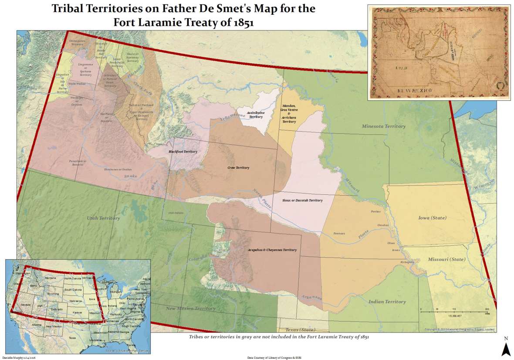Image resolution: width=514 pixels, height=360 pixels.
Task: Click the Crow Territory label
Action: tap(238, 167)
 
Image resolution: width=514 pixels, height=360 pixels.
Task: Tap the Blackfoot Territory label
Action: tap(183, 152)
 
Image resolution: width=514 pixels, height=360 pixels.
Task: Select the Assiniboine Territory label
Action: tap(254, 115)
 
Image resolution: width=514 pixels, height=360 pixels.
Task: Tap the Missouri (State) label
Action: tap(446, 259)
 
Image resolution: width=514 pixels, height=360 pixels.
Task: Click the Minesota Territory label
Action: tap(383, 126)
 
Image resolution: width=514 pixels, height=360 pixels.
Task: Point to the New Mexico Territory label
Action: tap(191, 309)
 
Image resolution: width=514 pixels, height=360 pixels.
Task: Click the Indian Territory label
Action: tap(387, 301)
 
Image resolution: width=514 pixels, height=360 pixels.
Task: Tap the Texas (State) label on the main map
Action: tap(298, 330)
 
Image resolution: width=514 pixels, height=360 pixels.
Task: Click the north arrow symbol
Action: tap(505, 348)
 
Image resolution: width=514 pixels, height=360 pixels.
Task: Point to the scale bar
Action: tap(455, 310)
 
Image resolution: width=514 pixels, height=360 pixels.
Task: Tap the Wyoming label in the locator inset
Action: tap(53, 294)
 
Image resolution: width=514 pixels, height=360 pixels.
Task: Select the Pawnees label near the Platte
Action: tap(339, 233)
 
